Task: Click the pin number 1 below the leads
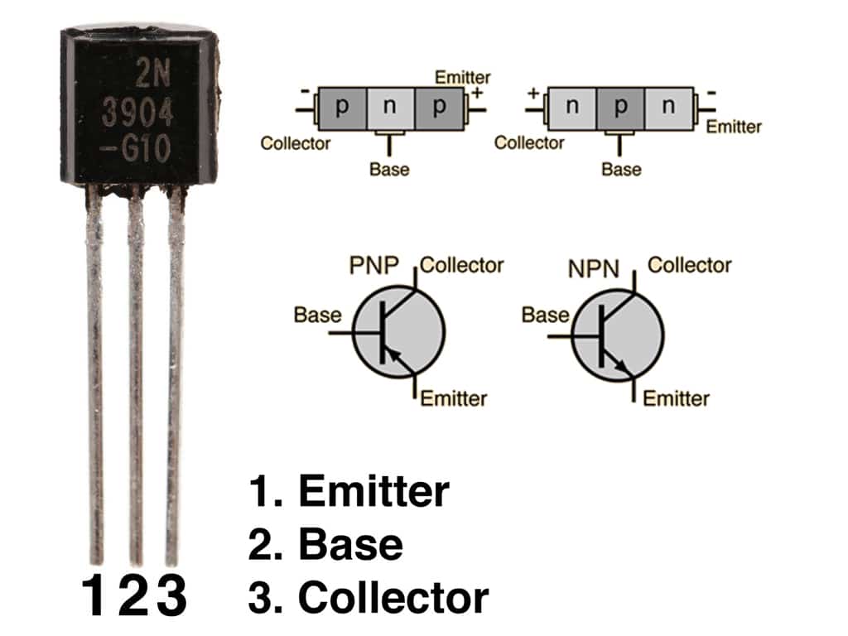pos(94,595)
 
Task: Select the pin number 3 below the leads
pos(171,595)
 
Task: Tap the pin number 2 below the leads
pos(132,595)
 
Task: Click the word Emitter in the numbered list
pos(373,491)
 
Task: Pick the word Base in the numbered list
pos(350,544)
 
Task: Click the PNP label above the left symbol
pos(373,267)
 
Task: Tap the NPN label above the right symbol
pos(594,269)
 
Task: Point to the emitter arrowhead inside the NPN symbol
pos(622,368)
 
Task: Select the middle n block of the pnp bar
pos(390,107)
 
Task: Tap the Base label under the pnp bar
pos(389,170)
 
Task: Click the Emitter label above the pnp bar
pos(463,78)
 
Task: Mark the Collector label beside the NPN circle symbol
pos(689,265)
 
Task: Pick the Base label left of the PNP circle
pos(317,315)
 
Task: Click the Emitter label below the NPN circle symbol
pos(676,398)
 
